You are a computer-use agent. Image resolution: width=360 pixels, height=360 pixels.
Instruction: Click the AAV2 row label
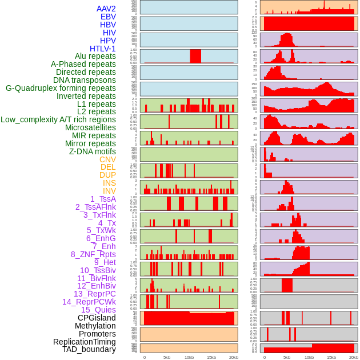[106, 9]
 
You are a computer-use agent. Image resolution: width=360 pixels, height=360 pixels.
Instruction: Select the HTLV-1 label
[102, 49]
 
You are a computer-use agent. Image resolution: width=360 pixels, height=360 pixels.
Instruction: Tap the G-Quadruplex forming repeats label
[61, 88]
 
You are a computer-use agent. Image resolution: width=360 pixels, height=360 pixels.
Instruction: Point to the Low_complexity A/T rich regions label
[58, 119]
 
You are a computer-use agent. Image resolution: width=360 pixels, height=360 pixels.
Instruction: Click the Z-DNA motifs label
[92, 151]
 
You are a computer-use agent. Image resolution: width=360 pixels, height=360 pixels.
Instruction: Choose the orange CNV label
[107, 159]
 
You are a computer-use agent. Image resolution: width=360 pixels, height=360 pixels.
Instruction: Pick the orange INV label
[109, 191]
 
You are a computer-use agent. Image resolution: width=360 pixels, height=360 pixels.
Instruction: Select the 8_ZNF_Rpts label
[93, 254]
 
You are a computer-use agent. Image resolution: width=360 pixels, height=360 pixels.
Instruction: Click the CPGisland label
[97, 318]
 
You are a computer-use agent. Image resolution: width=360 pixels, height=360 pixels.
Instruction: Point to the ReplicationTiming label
[84, 342]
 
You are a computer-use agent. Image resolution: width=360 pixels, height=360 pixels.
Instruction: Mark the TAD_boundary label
[89, 349]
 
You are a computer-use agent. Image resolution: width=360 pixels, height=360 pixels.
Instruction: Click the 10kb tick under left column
[189, 357]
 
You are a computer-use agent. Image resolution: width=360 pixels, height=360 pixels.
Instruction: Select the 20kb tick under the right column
[354, 357]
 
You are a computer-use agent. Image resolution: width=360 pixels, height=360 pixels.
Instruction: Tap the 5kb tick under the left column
[167, 357]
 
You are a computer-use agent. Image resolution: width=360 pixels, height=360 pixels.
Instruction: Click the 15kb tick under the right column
[331, 357]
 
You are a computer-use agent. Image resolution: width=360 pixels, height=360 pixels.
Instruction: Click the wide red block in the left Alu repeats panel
[195, 56]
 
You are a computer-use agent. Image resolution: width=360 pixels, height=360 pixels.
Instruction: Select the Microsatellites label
[90, 127]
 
